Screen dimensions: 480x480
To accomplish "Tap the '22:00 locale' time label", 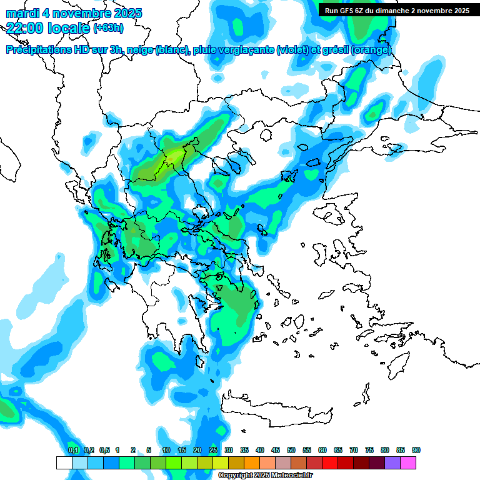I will point(48,27).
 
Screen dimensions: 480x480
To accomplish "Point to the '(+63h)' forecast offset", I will point(108,28).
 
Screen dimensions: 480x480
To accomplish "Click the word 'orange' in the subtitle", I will point(371,50).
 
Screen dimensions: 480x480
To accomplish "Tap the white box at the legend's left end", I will point(64,463).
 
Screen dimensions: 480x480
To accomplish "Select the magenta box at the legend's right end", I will point(408,463).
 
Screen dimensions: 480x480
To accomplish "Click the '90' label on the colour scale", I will point(416,451).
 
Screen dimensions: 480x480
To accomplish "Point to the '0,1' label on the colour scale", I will point(73,451).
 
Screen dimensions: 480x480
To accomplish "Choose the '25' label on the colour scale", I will point(213,451).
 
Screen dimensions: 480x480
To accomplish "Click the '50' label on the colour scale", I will point(291,451).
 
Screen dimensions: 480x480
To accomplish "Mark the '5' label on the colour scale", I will point(149,451).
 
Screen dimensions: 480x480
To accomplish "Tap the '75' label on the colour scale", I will point(369,451).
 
